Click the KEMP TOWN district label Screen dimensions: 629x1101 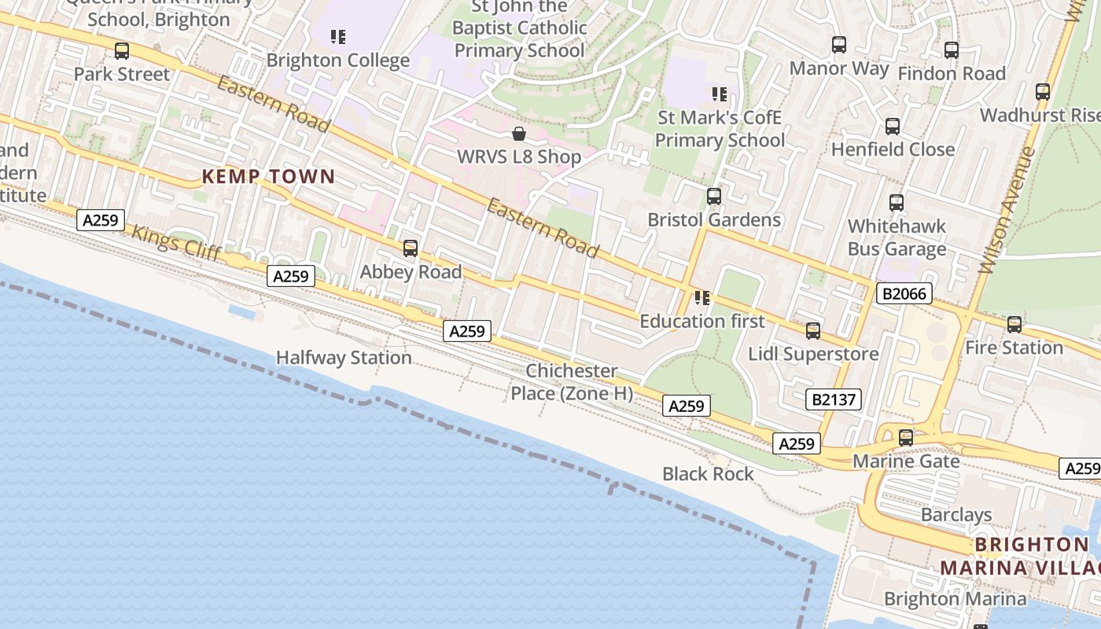[268, 177]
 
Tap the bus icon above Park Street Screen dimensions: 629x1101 [122, 51]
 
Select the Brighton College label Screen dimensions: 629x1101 [338, 61]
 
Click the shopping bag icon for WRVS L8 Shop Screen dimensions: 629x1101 [518, 134]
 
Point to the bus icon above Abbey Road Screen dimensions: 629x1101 [410, 248]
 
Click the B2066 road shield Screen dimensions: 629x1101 [904, 294]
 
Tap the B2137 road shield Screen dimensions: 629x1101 [834, 399]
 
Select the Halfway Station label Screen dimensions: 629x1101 [344, 358]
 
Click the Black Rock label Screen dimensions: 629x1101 [708, 474]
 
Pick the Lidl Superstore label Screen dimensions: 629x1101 [813, 354]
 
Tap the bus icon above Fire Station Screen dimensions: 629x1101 [1014, 324]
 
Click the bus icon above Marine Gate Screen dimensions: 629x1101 [906, 438]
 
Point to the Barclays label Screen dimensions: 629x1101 [956, 515]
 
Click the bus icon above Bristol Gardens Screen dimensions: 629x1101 [714, 197]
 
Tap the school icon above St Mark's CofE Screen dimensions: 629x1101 [719, 94]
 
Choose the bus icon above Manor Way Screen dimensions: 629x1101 [839, 45]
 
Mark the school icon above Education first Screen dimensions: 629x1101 [701, 298]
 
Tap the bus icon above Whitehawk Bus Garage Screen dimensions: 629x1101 [897, 203]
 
